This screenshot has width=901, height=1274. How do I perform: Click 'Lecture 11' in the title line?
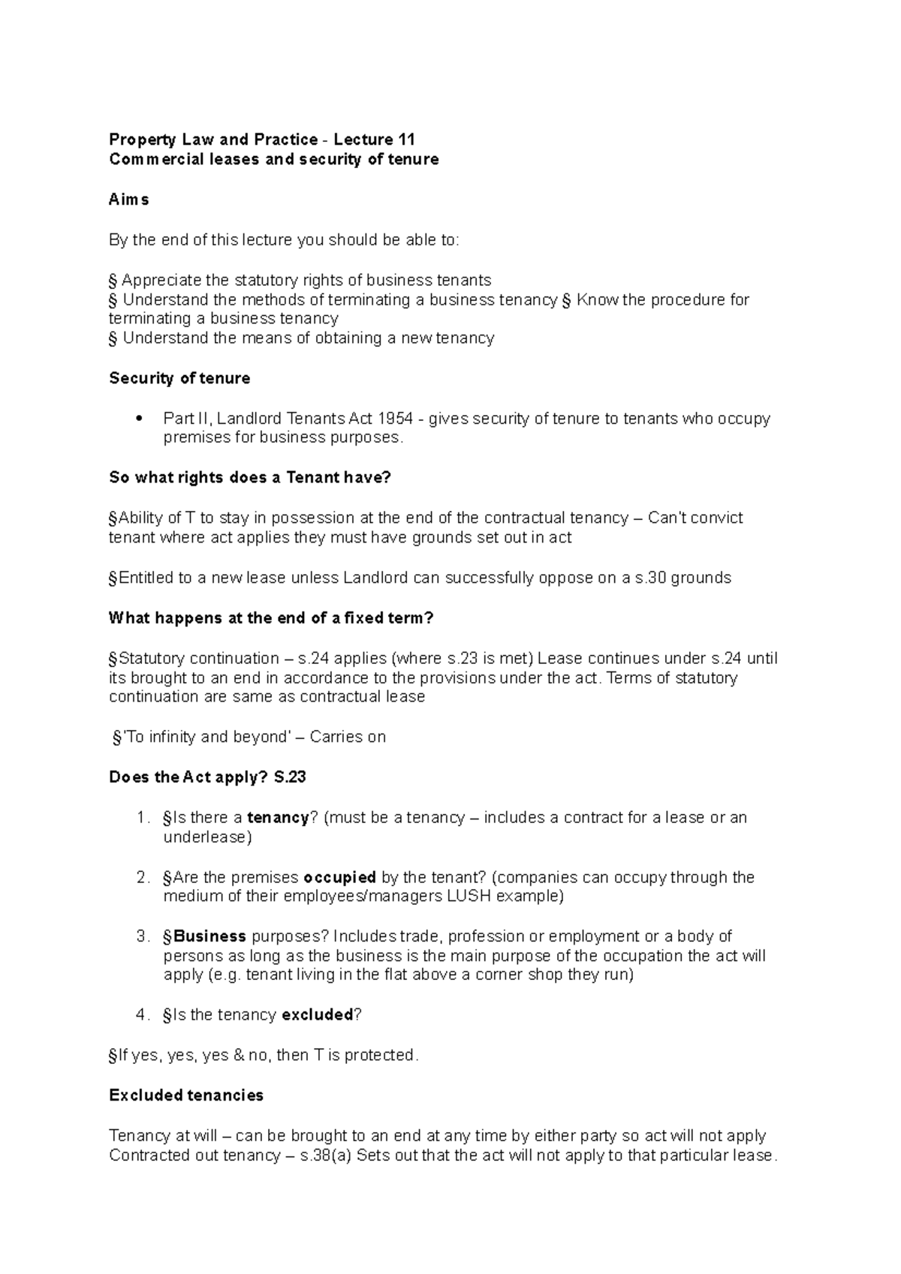pos(374,140)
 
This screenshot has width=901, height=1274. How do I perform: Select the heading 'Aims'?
pos(129,200)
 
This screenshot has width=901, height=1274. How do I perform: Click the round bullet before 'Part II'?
pos(137,419)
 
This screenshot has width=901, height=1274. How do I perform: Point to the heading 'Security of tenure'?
pos(179,378)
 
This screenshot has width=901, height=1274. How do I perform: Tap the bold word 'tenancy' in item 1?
pos(278,818)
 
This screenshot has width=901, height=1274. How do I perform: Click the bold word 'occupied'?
pos(339,878)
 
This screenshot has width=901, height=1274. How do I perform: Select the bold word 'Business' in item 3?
pos(209,937)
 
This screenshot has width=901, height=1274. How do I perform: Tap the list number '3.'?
pos(143,937)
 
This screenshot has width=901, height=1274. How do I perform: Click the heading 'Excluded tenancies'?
pos(186,1095)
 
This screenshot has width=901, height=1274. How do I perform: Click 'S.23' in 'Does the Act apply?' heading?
pos(290,777)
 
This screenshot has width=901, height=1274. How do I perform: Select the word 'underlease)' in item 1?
pos(207,837)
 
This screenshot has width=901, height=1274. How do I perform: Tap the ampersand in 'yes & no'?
pos(240,1056)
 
